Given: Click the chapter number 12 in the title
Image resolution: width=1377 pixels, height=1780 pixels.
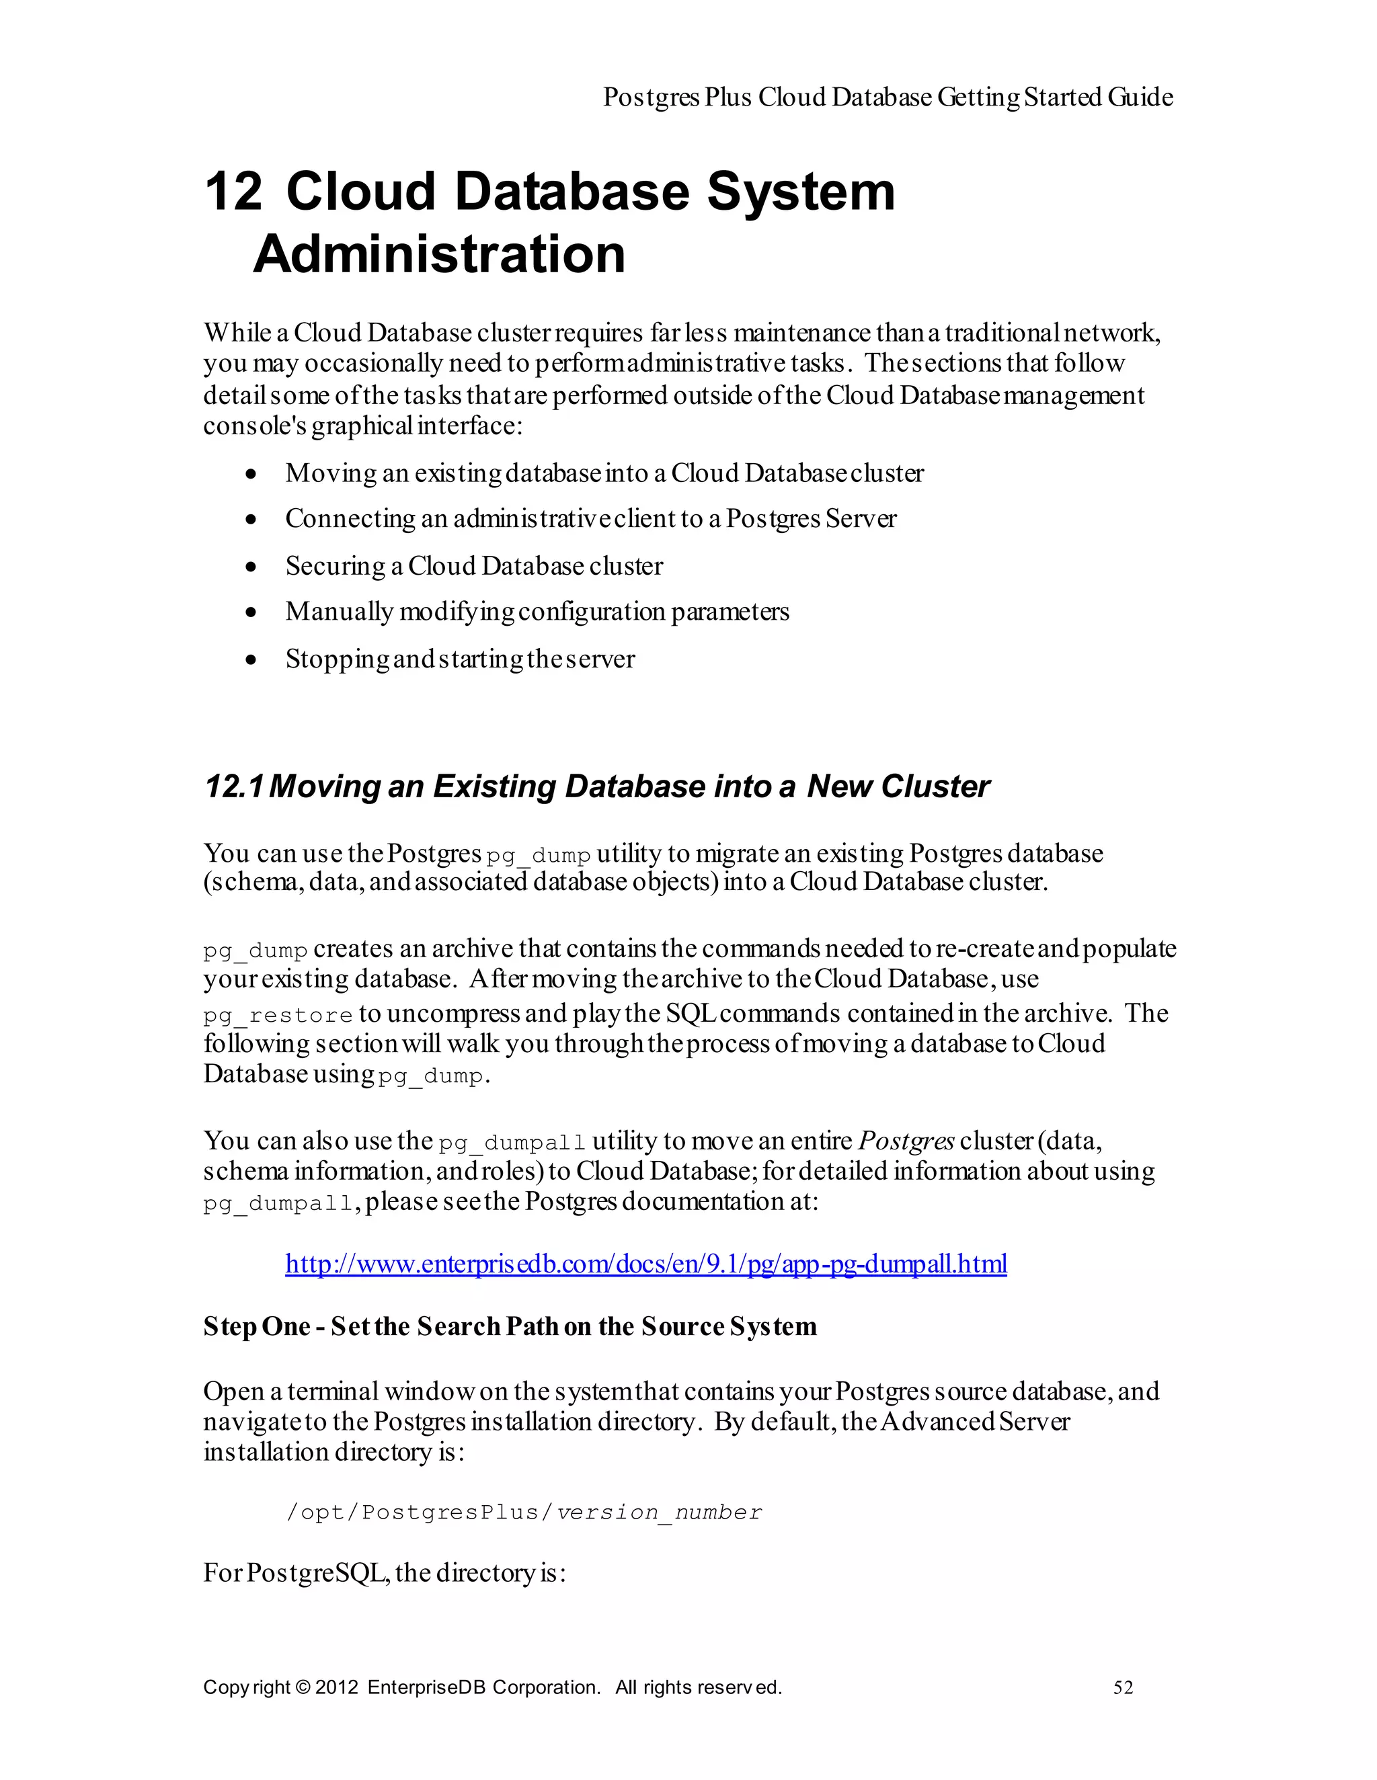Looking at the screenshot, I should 233,192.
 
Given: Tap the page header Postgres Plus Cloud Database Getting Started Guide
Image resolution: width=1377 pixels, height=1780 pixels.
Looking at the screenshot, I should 887,97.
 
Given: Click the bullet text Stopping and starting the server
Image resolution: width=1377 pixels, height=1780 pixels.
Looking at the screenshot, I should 460,659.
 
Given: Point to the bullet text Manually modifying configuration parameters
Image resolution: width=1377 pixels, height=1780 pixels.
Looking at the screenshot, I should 537,611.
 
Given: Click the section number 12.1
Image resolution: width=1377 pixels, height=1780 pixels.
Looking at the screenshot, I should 233,786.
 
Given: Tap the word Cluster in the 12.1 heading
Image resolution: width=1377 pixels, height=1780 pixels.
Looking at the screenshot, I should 935,786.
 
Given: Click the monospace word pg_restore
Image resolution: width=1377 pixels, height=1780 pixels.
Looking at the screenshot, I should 277,1016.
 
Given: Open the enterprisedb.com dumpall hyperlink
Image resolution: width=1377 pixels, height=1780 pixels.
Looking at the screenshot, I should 645,1264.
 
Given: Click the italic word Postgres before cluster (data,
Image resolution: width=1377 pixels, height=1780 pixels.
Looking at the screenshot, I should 906,1141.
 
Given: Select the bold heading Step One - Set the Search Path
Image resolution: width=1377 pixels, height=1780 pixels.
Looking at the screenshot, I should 510,1327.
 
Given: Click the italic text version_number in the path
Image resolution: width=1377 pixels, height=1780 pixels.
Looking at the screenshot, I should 659,1512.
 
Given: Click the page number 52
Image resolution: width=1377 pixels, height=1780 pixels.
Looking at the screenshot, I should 1123,1688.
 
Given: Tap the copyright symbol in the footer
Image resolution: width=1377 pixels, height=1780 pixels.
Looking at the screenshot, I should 303,1687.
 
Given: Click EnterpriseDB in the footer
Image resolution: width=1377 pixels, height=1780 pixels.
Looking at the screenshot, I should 426,1687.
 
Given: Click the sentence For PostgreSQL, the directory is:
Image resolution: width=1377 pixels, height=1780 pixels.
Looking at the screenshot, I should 384,1573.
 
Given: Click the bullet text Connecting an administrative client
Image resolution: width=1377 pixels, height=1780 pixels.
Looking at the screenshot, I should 590,519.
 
